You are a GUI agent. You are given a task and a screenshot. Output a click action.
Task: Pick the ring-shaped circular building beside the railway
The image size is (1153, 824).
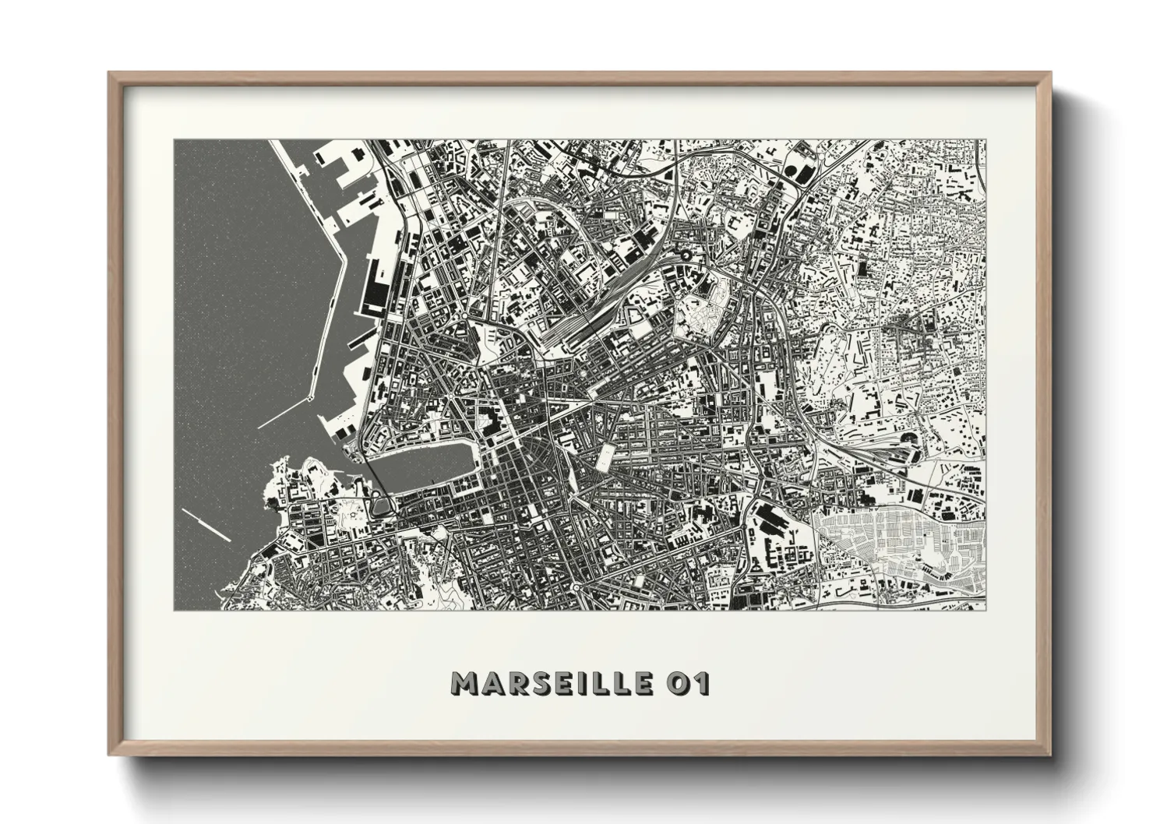pos(686,255)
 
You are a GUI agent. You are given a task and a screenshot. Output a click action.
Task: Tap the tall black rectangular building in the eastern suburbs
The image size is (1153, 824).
pos(864,269)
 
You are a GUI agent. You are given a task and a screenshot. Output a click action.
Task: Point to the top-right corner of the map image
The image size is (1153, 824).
pos(985,140)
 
